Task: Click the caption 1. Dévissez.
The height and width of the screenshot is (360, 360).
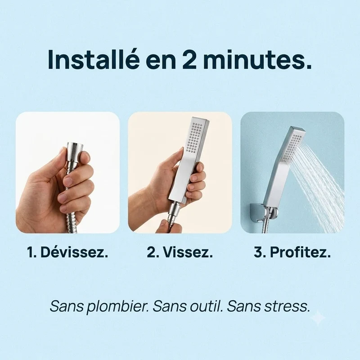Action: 67,252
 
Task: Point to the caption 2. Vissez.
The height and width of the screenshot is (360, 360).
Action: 180,252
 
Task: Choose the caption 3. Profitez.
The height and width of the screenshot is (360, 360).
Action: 292,252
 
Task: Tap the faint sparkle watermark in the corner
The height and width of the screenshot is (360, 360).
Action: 318,318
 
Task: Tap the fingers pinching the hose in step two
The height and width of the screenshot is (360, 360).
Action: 165,225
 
